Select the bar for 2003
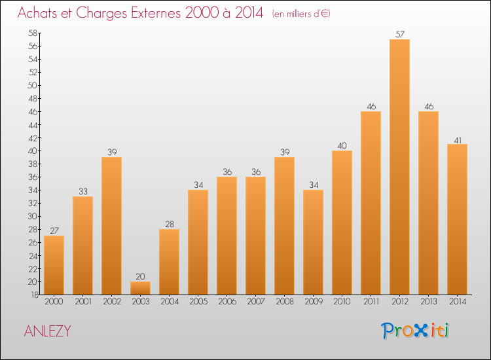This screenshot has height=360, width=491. (x=140, y=288)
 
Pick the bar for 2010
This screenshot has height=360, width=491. (x=342, y=223)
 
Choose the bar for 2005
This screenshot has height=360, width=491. (x=198, y=242)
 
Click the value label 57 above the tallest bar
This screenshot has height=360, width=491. (x=399, y=34)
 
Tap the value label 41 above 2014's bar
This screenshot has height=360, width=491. (x=457, y=139)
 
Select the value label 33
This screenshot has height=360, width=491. (x=82, y=191)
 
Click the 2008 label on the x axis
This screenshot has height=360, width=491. (x=284, y=301)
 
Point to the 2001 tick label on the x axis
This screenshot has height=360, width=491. (x=82, y=301)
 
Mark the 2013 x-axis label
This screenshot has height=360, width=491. (x=428, y=301)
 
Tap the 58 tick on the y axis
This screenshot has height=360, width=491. (x=31, y=33)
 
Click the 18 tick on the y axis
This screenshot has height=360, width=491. (x=31, y=295)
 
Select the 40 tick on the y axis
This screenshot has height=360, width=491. (x=31, y=151)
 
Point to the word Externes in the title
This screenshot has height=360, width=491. (x=151, y=13)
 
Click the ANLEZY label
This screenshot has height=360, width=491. (x=47, y=331)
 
